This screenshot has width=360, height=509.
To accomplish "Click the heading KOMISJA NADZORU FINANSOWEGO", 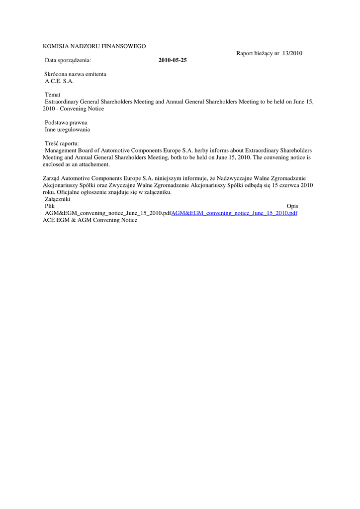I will tap(94, 46).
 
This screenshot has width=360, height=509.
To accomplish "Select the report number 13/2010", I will tap(292, 53).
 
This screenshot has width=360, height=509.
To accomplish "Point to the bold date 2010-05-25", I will tap(173, 60).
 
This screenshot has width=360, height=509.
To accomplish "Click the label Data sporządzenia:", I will tap(68, 60).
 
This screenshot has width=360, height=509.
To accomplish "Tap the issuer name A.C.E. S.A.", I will tap(59, 81).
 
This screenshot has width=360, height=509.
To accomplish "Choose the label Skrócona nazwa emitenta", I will tap(75, 74).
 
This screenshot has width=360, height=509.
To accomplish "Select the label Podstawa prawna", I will tap(66, 122).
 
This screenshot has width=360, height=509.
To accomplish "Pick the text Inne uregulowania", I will tap(67, 129).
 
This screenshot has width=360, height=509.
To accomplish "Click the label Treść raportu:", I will tap(65, 143).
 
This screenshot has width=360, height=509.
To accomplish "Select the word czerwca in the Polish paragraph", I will tap(291, 185).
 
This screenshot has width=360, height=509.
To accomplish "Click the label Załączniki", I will tap(57, 199).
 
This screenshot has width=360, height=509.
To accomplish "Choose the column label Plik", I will tap(50, 206).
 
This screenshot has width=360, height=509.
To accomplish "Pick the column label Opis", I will tap(292, 206).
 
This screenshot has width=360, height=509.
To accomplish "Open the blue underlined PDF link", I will tap(234, 213).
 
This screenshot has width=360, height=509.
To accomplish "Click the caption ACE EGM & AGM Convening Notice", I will tap(90, 220).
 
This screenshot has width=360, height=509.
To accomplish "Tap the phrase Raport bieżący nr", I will tap(258, 53).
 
